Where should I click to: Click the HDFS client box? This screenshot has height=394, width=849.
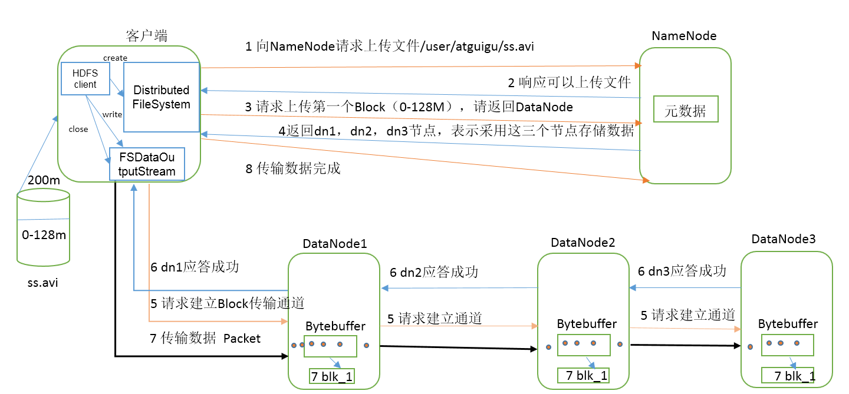(85, 78)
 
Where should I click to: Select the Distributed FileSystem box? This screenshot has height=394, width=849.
(162, 97)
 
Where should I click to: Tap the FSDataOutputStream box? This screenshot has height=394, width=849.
(147, 164)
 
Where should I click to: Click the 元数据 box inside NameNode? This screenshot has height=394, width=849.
(686, 109)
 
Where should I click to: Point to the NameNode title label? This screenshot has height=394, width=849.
(684, 36)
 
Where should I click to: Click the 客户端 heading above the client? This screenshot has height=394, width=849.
(147, 36)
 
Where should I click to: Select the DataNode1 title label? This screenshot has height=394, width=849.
(335, 244)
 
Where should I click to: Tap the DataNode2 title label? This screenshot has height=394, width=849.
(583, 243)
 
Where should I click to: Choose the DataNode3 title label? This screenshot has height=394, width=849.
(784, 239)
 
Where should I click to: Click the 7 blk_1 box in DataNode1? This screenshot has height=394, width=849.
(331, 376)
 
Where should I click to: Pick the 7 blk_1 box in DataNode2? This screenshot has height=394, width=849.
(583, 375)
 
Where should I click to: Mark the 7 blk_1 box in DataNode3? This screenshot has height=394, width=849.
(788, 375)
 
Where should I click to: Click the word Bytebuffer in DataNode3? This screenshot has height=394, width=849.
(788, 324)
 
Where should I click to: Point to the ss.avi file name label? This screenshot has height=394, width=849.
(43, 283)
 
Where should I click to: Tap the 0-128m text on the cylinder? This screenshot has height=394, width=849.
(44, 235)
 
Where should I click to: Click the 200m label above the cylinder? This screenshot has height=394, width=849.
(44, 180)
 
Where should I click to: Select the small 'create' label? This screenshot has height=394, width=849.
(115, 58)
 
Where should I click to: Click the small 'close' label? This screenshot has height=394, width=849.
(78, 129)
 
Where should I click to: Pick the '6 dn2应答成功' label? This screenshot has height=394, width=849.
(434, 272)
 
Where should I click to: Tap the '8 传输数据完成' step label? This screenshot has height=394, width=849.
(293, 168)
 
